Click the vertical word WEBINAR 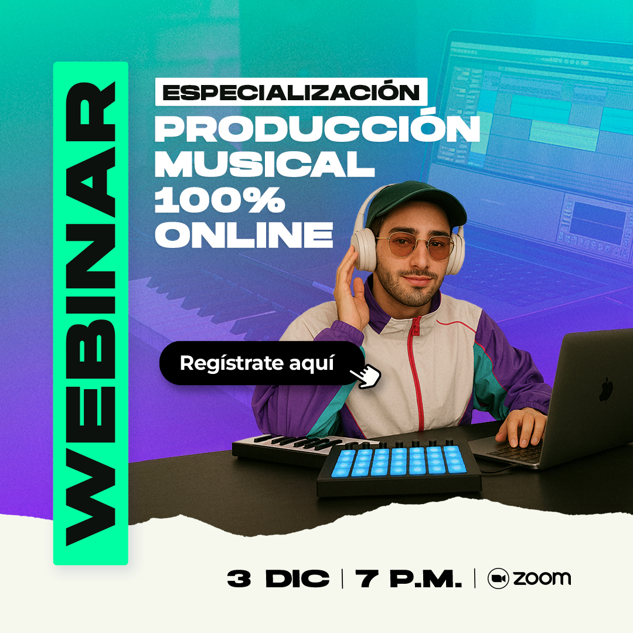point(91,314)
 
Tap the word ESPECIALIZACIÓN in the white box point(291,91)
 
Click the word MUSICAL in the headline point(264,164)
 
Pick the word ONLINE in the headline point(244,234)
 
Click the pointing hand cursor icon point(366,376)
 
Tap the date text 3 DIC point(278,578)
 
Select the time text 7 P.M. point(409,578)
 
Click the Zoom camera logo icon point(498,578)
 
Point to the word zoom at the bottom point(542,578)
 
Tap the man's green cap point(416,202)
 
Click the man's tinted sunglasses point(414,246)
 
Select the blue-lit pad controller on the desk point(399,468)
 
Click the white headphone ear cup point(364,250)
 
